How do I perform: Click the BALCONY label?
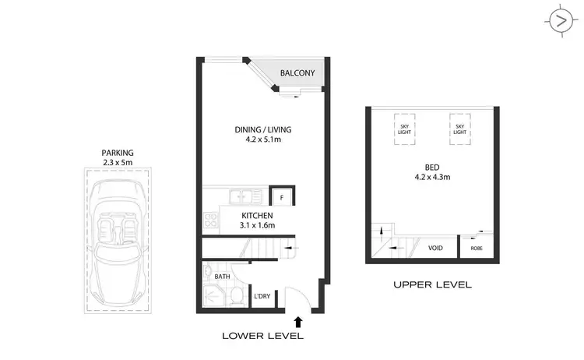(297, 73)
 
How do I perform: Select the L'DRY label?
(262, 296)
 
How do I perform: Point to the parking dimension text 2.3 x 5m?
(118, 163)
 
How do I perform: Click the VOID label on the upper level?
(436, 249)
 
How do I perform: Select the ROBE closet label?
(477, 249)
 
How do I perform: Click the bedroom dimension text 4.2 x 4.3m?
(431, 178)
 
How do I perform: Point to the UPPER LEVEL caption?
(432, 285)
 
